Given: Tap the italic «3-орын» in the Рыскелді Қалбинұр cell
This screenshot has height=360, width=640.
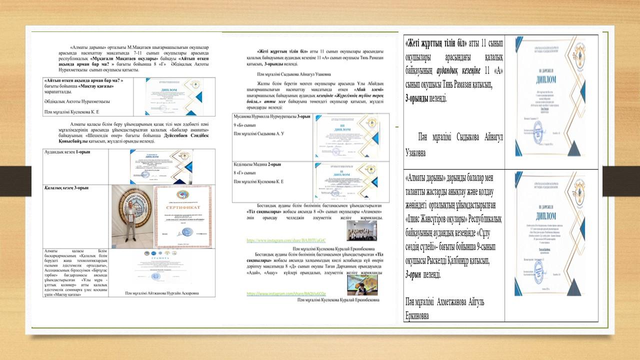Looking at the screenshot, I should (x=416, y=274).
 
